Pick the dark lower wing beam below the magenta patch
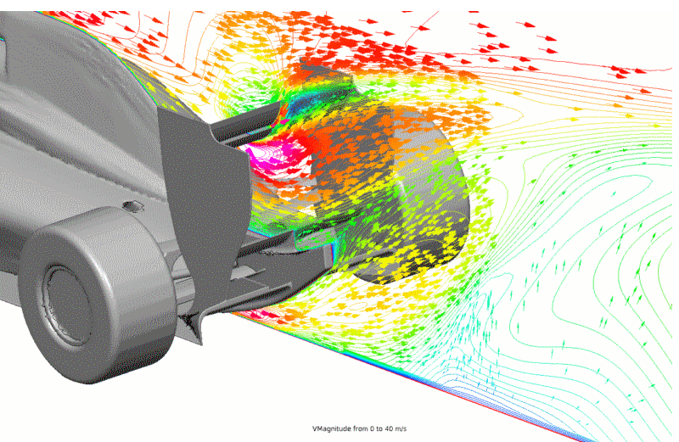point(280,246)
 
